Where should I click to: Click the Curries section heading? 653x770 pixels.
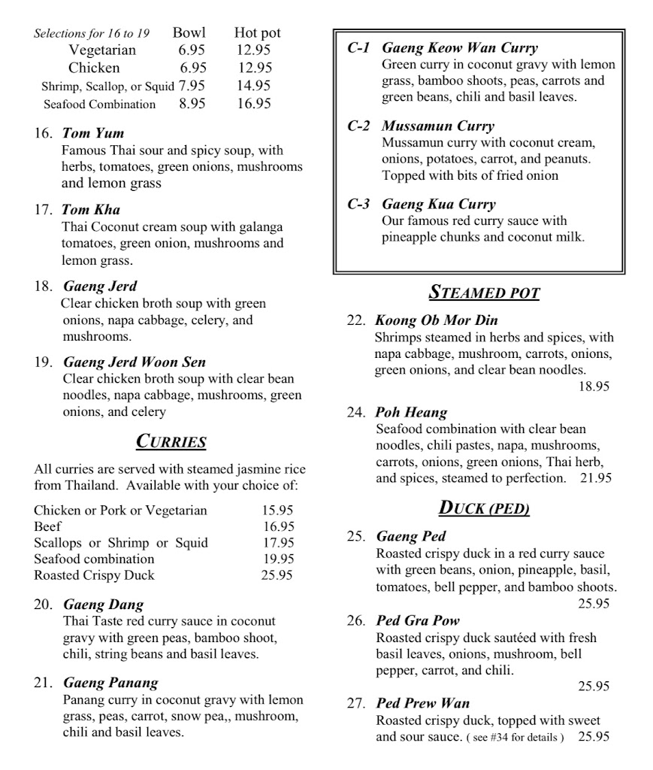(x=171, y=441)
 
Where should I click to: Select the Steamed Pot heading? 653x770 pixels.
(x=484, y=292)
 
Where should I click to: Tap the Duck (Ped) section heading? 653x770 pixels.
(x=484, y=508)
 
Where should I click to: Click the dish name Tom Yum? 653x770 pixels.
(x=93, y=134)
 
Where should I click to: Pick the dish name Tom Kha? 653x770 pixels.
(x=91, y=210)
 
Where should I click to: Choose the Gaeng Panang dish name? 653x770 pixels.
(x=110, y=683)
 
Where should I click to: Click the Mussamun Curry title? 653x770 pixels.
(x=437, y=126)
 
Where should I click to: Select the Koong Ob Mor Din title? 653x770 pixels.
(x=436, y=320)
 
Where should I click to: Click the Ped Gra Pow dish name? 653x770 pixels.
(x=417, y=620)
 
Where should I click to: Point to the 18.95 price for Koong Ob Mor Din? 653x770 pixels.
(x=594, y=387)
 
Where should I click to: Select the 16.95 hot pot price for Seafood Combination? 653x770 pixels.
(x=253, y=104)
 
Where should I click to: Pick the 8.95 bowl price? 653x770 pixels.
(x=192, y=104)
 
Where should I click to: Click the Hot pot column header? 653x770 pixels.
(x=257, y=33)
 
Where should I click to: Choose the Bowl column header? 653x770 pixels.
(x=189, y=33)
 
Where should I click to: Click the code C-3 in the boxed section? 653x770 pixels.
(x=358, y=204)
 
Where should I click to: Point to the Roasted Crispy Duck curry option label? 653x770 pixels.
(x=94, y=575)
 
